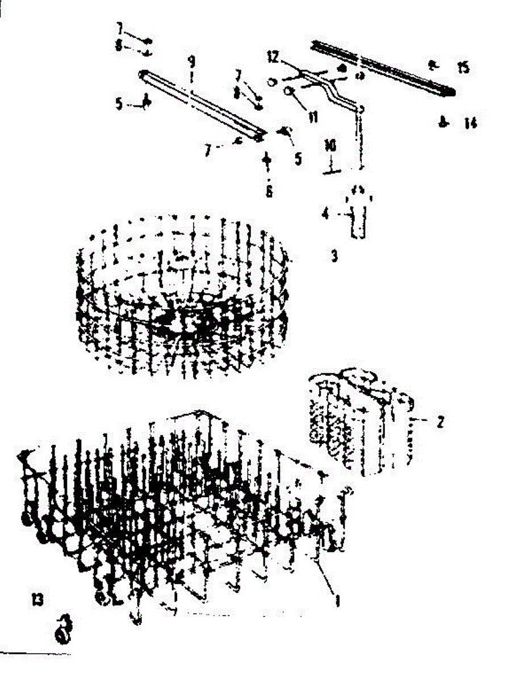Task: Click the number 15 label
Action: coord(463,68)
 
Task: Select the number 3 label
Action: coord(334,257)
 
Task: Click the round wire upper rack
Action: coord(182,295)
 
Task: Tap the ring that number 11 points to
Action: coord(289,91)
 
